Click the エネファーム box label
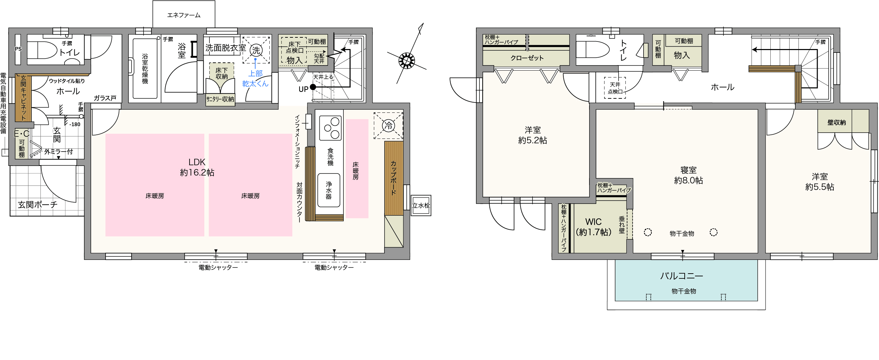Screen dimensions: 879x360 [184, 15]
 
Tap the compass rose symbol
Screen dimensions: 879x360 [406, 61]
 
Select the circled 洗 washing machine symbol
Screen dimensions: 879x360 [256, 50]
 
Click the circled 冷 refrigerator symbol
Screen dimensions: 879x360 [388, 125]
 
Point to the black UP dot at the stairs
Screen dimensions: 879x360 [313, 87]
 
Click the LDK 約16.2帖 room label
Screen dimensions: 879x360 [197, 167]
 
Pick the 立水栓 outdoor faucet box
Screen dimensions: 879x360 [421, 205]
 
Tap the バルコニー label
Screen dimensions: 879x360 [682, 276]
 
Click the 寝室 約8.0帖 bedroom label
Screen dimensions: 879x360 [688, 175]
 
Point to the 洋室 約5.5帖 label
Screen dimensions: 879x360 [820, 182]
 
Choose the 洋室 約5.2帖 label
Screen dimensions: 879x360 [533, 135]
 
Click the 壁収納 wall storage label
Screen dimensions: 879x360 [837, 122]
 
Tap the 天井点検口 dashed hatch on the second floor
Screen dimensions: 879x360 [615, 88]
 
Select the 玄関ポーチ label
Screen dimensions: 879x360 [38, 205]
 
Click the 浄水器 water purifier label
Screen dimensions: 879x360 [329, 190]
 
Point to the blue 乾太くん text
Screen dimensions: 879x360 [255, 84]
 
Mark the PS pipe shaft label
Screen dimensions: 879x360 [18, 49]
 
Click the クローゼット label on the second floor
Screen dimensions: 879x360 [527, 58]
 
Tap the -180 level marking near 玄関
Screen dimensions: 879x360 [75, 124]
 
